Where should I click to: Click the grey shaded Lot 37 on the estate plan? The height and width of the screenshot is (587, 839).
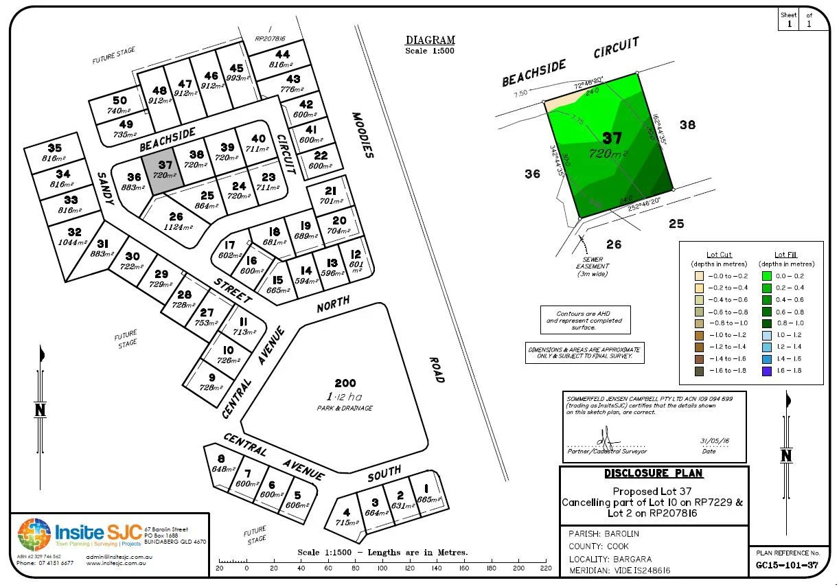click(165, 170)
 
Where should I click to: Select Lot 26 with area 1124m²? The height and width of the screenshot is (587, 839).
click(176, 220)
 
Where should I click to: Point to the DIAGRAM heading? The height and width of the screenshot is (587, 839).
click(430, 41)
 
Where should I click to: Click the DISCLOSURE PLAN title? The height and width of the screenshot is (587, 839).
click(654, 474)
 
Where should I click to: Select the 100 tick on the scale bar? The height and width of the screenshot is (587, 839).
click(382, 568)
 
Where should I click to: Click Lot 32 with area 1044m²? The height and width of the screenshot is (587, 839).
click(74, 237)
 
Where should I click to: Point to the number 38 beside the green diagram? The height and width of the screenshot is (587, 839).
click(687, 125)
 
